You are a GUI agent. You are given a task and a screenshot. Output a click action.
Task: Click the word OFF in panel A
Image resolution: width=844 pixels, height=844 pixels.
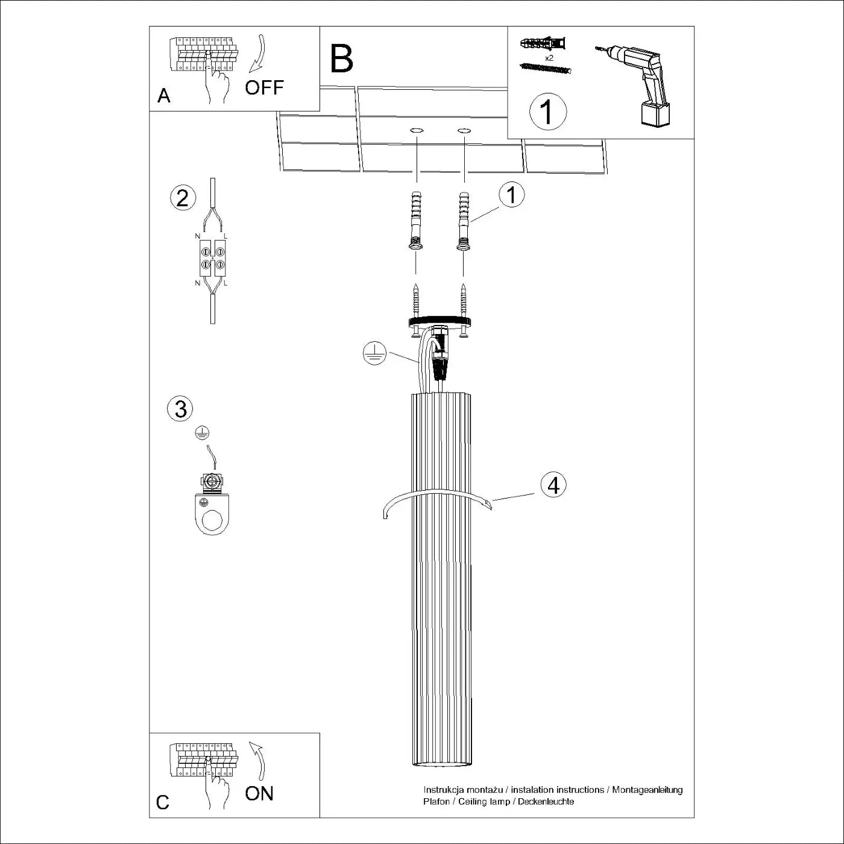click(264, 87)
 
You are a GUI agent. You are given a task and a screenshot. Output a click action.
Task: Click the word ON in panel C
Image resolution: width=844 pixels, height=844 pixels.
click(259, 793)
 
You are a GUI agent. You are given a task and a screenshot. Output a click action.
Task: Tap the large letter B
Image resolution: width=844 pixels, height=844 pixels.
click(341, 59)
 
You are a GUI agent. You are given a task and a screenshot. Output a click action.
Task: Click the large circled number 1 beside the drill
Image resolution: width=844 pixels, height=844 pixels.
click(547, 112)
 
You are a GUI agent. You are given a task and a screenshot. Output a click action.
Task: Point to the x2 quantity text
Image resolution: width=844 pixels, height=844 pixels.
click(549, 58)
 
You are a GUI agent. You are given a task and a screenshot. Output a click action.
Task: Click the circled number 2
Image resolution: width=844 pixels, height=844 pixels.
click(183, 198)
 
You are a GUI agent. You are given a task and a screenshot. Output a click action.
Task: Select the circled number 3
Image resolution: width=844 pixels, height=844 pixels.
click(180, 409)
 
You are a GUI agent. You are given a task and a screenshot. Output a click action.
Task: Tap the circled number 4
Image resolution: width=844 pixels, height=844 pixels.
click(553, 485)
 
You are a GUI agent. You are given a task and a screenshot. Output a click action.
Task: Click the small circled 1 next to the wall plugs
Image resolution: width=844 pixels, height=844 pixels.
click(512, 195)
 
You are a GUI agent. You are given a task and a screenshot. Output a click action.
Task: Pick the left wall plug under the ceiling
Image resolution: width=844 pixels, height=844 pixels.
click(415, 220)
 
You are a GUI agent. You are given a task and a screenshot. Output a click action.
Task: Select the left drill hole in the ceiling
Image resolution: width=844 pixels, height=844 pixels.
click(416, 130)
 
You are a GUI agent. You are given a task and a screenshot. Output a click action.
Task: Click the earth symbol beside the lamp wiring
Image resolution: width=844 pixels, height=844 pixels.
click(374, 353)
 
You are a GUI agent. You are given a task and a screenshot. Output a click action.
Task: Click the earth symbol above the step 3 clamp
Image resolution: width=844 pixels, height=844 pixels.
click(203, 432)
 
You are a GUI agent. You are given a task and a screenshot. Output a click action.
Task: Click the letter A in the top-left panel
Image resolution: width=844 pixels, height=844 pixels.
click(163, 96)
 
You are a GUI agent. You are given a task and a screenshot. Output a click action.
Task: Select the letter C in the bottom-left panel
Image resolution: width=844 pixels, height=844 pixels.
click(163, 802)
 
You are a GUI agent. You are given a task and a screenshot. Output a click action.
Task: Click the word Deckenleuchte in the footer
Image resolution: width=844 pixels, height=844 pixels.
click(546, 802)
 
